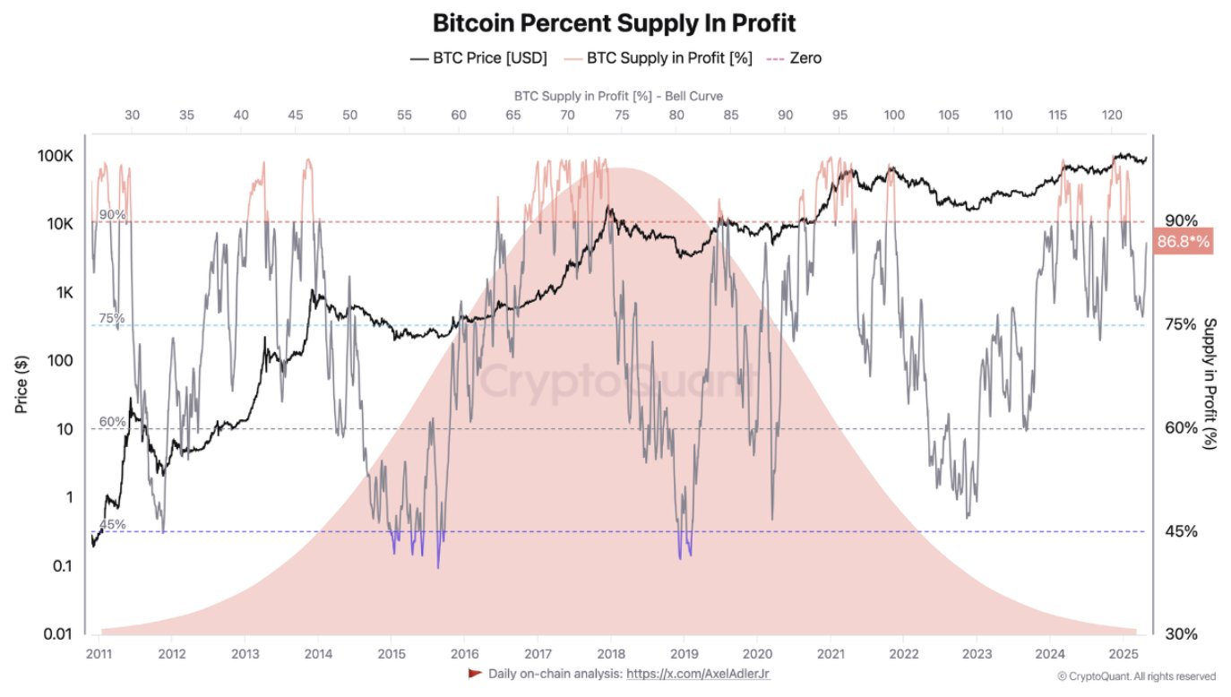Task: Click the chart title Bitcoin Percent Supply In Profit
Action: coord(614,22)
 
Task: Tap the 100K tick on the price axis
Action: coord(55,156)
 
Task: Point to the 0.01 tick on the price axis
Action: coord(56,635)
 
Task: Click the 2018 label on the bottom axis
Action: coord(610,653)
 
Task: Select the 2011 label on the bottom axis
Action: coord(99,653)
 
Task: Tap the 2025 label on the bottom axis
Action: coord(1123,653)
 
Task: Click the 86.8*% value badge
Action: coord(1184,242)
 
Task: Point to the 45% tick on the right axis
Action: coord(1180,531)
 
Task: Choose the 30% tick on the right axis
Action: coord(1180,634)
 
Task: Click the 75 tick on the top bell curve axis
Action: coord(622,116)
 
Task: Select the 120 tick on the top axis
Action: coord(1112,116)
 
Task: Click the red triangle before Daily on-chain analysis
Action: coord(475,673)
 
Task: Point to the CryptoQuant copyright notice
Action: coord(1136,676)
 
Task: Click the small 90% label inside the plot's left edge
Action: coord(112,215)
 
